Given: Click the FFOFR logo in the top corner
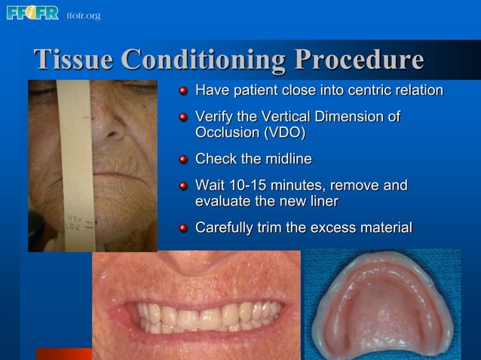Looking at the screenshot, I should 32,14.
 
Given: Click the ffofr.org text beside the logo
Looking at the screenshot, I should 83,15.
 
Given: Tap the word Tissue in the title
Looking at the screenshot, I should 73,59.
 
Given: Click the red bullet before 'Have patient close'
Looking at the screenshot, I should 183,92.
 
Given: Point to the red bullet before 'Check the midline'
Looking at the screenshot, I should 183,160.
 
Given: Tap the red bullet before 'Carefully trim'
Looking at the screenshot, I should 183,227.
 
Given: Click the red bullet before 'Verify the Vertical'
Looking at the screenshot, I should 183,118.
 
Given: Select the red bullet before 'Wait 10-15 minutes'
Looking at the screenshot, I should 183,186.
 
